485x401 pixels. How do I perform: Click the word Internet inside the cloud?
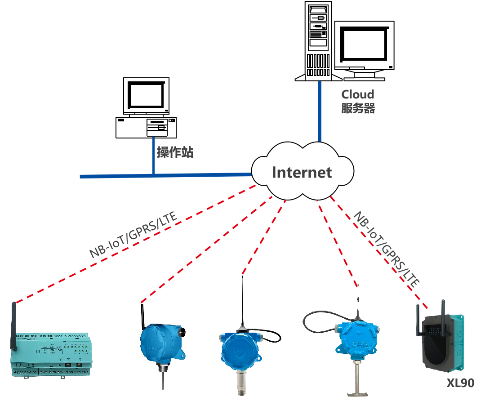302,172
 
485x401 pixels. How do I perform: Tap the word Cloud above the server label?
358,94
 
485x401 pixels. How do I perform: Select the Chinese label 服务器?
358,108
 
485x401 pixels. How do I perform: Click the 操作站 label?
175,152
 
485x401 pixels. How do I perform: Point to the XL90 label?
460,383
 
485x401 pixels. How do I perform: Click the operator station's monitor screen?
146,95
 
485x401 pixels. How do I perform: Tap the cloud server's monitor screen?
364,45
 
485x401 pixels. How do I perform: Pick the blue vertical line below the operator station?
153,156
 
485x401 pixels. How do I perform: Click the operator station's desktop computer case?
146,127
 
